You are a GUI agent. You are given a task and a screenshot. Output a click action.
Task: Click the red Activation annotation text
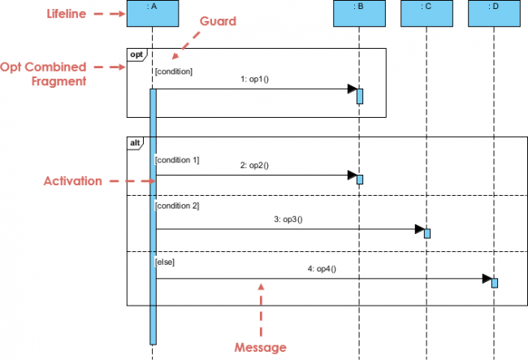72,181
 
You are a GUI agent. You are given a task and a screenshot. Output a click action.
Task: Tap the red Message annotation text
261,347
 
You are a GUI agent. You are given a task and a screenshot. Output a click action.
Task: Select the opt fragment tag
136,54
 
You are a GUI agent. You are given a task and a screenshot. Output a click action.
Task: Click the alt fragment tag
135,142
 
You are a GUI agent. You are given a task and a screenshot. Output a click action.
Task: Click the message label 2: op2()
254,165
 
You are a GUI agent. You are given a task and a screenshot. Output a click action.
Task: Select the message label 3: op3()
288,219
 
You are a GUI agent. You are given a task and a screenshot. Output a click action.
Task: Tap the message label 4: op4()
322,269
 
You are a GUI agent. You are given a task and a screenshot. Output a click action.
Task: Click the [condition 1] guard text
176,160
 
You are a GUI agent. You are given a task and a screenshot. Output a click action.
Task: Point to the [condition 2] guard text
176,206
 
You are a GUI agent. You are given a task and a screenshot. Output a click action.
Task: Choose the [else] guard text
164,262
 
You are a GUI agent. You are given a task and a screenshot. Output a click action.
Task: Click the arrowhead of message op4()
487,280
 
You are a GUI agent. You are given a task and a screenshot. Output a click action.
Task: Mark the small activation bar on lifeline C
427,233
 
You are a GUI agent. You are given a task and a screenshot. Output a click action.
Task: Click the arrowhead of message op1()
352,89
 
